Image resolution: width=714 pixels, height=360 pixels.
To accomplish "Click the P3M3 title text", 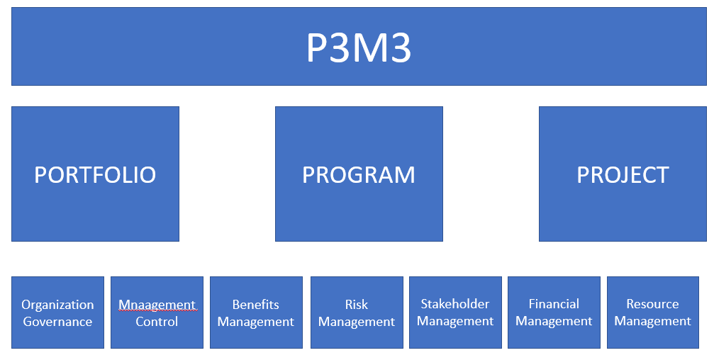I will [358, 48].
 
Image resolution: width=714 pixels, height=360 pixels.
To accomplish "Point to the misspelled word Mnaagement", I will [157, 305].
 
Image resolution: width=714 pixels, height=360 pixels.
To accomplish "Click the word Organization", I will [57, 305].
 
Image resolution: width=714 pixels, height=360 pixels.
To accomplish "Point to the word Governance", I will [57, 322].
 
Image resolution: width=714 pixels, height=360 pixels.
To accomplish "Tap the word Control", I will [157, 322].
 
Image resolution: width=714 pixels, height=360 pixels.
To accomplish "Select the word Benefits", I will [256, 305].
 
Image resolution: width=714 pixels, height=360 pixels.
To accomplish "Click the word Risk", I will [357, 305].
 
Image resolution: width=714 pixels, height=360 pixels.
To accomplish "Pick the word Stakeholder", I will [455, 304].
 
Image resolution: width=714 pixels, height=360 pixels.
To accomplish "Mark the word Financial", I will [554, 304].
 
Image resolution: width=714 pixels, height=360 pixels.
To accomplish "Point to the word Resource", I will [653, 304].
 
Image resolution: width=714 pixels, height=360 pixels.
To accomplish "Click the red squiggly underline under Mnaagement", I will [157, 311].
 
